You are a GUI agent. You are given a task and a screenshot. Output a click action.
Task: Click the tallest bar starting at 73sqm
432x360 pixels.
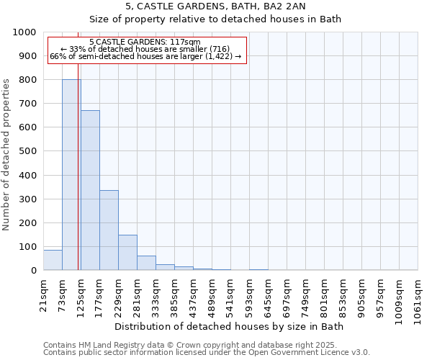pyautogui.click(x=71, y=175)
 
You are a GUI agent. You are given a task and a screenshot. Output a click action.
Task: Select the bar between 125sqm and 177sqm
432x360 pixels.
pyautogui.click(x=90, y=190)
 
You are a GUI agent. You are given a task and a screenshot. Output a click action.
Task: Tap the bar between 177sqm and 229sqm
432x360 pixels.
pyautogui.click(x=109, y=230)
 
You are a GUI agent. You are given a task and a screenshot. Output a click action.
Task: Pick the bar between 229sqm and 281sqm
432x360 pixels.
pyautogui.click(x=127, y=253)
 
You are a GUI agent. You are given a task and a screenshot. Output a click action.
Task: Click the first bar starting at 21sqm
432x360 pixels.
pyautogui.click(x=53, y=260)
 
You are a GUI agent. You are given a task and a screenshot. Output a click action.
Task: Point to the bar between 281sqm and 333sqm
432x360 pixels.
pyautogui.click(x=146, y=264)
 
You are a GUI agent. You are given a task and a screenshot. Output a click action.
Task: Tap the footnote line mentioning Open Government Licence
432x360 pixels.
pyautogui.click(x=207, y=353)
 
